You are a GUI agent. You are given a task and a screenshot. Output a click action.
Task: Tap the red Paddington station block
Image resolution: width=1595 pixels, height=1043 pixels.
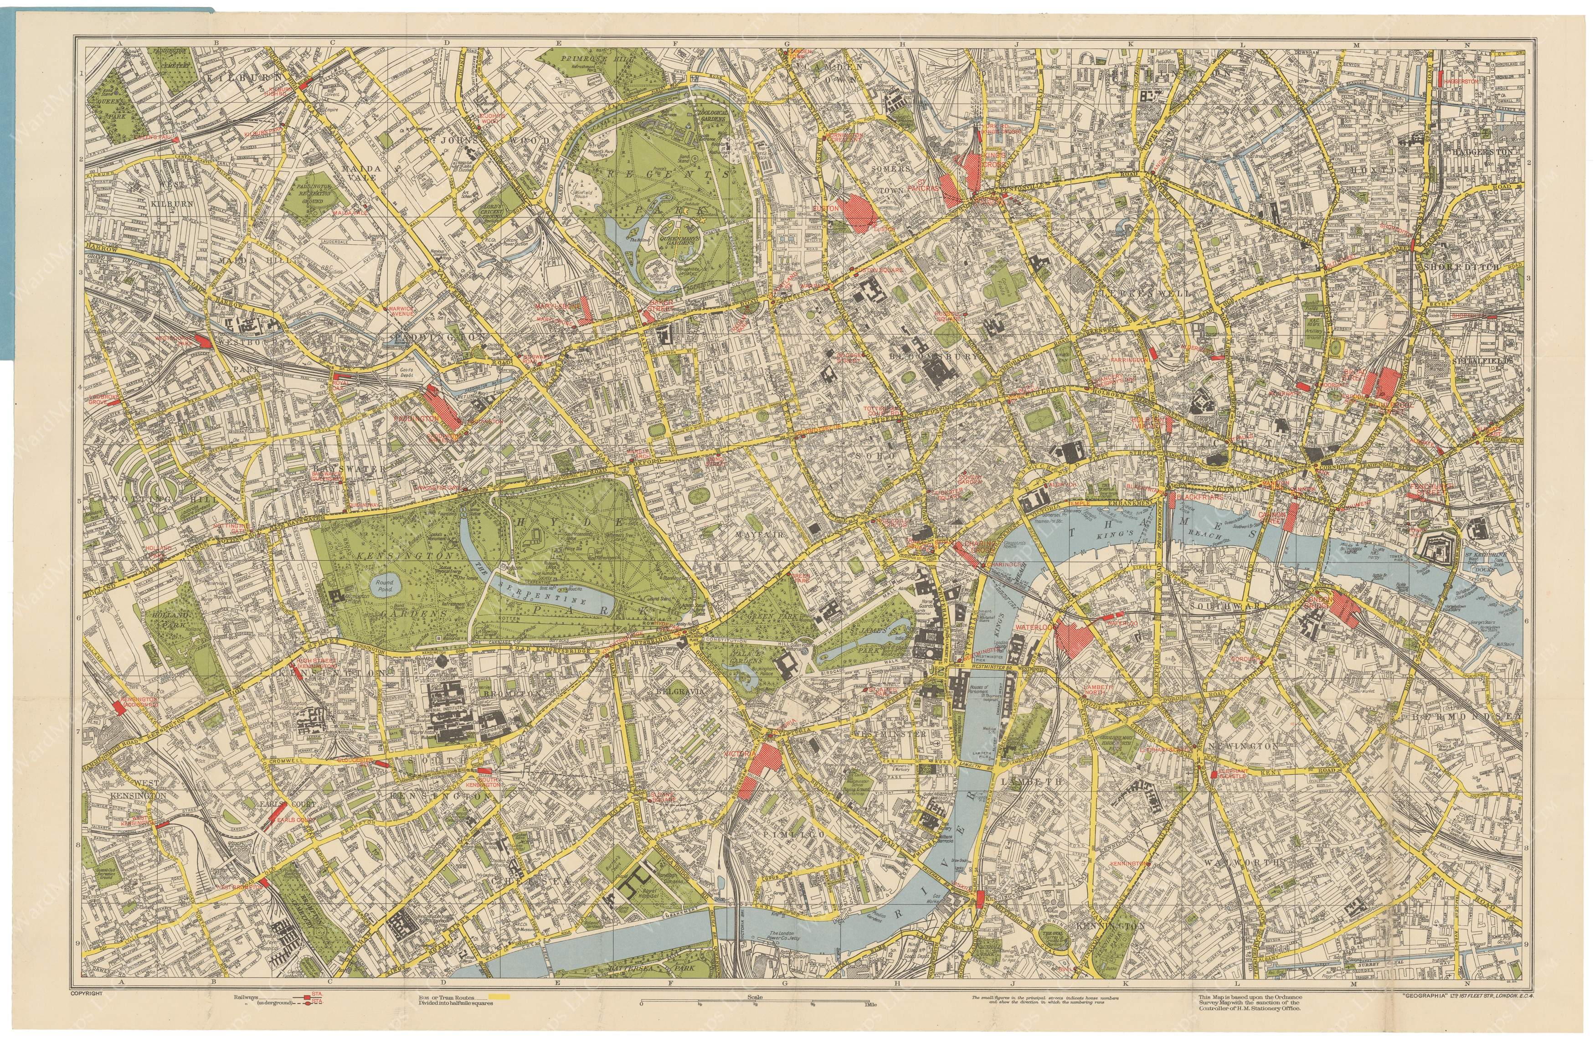coord(442,407)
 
